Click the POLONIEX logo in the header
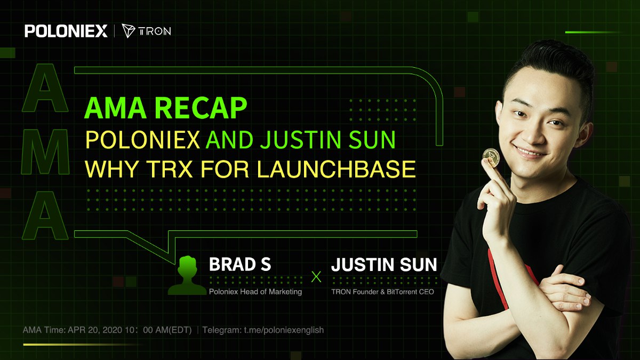[66, 31]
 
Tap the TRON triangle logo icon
[129, 30]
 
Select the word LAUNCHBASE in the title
[336, 169]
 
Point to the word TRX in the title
[170, 169]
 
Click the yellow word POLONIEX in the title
[142, 140]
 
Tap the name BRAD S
[240, 265]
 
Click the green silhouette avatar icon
[187, 275]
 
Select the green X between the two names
[316, 277]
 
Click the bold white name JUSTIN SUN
[384, 265]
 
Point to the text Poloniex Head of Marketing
[255, 292]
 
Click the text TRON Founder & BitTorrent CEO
[382, 292]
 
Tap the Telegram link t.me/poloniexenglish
[284, 330]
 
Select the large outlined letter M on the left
[45, 151]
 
